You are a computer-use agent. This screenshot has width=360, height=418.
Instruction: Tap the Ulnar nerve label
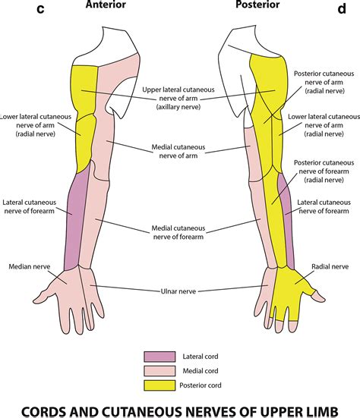click(x=180, y=288)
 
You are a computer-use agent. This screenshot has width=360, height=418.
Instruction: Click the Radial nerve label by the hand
click(x=330, y=267)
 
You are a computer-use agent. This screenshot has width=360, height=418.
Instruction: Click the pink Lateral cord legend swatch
click(x=159, y=355)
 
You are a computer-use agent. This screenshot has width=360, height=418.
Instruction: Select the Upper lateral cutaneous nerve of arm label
click(x=179, y=99)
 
